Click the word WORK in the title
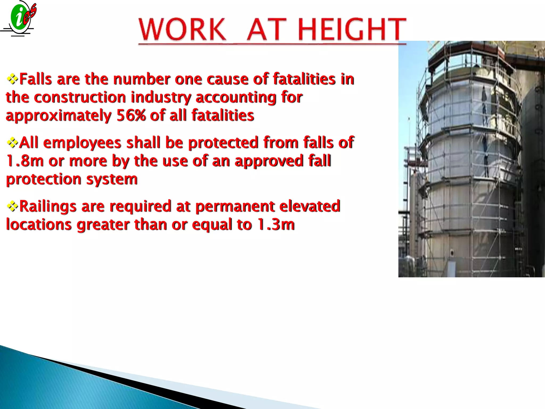click(182, 29)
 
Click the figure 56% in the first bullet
click(131, 116)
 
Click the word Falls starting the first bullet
click(36, 79)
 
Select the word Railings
click(48, 206)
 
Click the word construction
click(80, 97)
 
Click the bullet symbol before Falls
click(12, 79)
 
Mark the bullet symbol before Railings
click(12, 206)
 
